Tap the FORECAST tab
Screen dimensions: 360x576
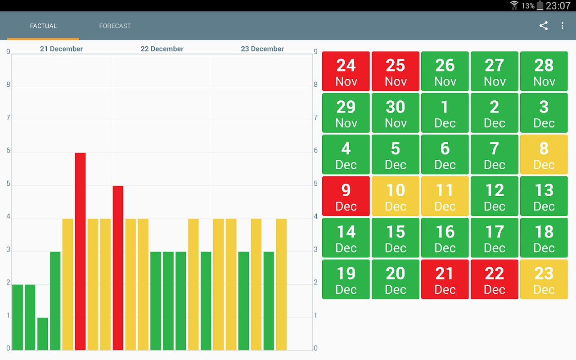click(115, 26)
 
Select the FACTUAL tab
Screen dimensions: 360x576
click(43, 26)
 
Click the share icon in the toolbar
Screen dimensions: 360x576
click(544, 26)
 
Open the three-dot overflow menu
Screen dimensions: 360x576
click(562, 26)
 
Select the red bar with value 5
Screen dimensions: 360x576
click(118, 268)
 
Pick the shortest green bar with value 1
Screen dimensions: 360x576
click(43, 333)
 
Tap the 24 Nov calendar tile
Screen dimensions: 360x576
click(346, 71)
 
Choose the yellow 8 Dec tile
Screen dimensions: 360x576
click(544, 154)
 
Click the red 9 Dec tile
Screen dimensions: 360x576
click(346, 196)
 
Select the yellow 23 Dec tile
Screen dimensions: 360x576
click(544, 279)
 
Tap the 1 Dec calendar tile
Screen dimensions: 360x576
click(445, 112)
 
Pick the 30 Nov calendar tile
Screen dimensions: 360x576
click(396, 112)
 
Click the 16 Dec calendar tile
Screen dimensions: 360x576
click(445, 238)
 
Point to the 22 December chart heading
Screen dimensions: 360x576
click(162, 49)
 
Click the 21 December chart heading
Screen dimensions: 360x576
click(62, 49)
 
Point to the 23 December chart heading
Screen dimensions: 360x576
click(262, 49)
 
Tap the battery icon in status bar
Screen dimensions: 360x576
click(540, 6)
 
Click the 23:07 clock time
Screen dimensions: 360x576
click(558, 6)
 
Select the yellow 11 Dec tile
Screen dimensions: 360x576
click(445, 196)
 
